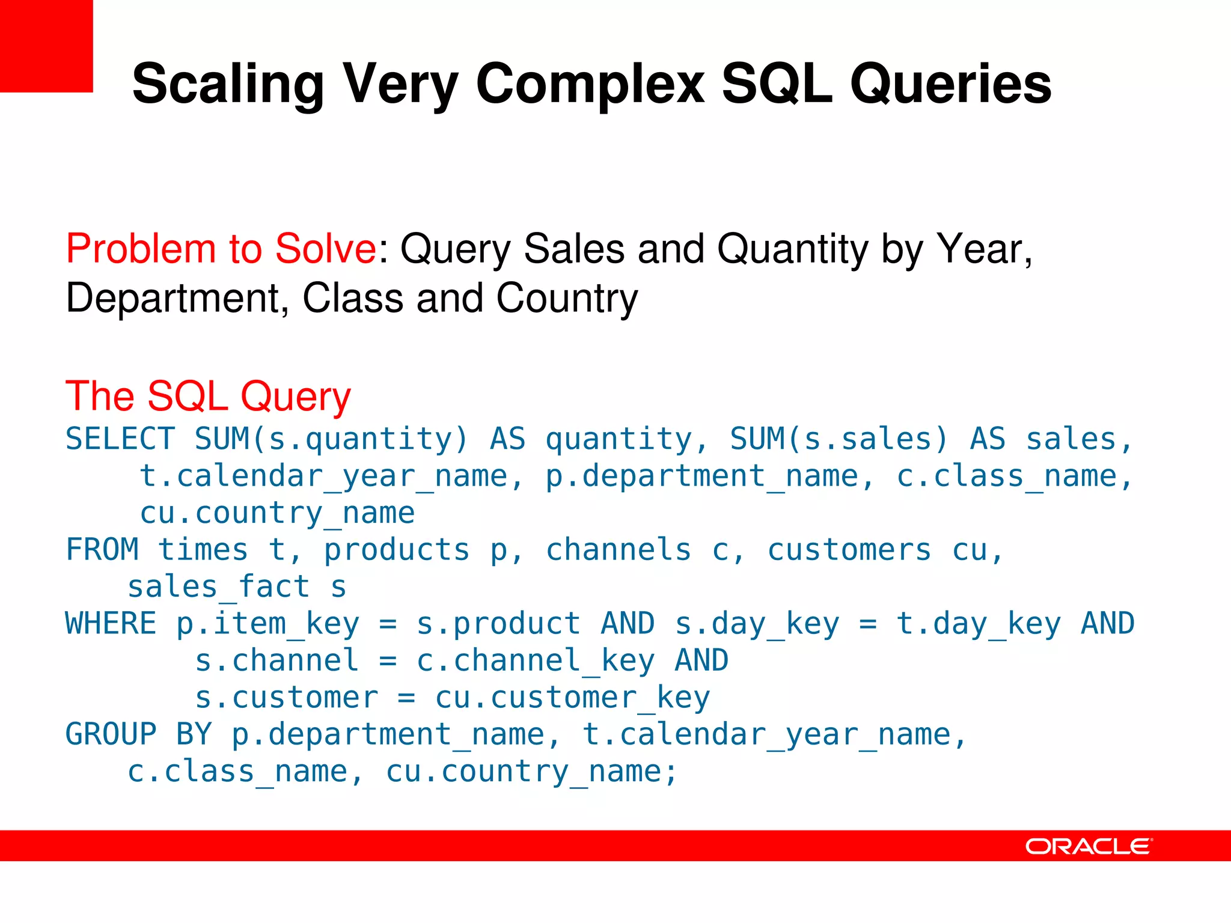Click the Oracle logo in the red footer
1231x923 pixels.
coord(1089,846)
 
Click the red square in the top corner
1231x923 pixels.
coord(46,46)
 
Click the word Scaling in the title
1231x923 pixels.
coord(228,84)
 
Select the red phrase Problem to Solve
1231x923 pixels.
coord(221,248)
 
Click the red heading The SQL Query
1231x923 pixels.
coord(208,397)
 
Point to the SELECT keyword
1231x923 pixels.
coord(120,439)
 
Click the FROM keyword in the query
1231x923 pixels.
coord(102,549)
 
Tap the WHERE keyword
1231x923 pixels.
coord(111,623)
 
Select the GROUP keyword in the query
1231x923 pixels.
coord(111,734)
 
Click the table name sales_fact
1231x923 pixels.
coord(219,587)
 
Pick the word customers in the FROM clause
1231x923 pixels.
coord(849,550)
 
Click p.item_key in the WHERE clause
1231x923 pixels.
coord(267,624)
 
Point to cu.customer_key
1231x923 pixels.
coord(572,698)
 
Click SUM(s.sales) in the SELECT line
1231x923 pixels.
coord(838,439)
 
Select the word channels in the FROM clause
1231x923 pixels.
coord(618,550)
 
